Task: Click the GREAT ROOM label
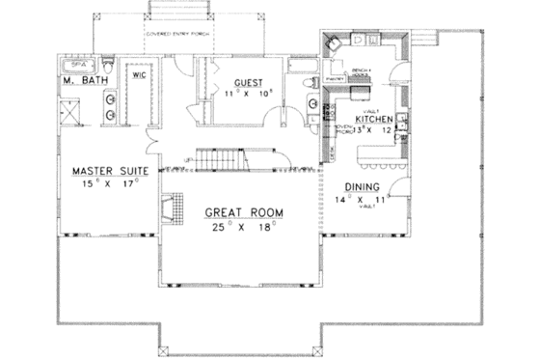pos(241,212)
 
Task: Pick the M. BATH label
pos(85,79)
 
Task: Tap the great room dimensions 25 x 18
pos(242,227)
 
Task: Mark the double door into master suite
pos(148,147)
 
